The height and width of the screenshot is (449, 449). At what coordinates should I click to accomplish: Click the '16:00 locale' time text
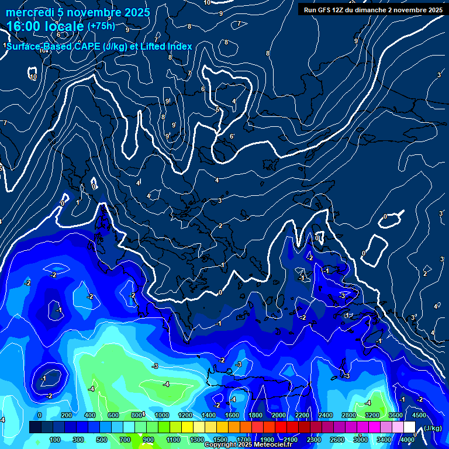coord(46,26)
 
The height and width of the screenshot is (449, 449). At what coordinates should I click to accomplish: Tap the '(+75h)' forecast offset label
coord(101,26)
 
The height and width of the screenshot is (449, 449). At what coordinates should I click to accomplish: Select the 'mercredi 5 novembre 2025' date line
coord(79,12)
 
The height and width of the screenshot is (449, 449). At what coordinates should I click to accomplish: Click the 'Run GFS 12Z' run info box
coord(373,9)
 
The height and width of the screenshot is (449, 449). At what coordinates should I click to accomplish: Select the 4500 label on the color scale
coord(419,415)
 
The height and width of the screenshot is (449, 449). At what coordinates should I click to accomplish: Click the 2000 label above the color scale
coord(279,415)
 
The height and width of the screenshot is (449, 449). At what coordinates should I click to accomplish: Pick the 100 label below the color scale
coord(55,440)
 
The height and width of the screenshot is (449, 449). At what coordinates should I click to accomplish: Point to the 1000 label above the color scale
coord(161,415)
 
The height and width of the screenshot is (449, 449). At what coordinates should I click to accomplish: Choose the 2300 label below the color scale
coord(313,440)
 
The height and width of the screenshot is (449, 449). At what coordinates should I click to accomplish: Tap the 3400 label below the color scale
coord(384,440)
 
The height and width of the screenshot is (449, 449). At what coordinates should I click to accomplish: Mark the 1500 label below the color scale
coord(220,440)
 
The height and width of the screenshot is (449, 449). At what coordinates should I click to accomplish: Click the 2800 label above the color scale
coord(349,415)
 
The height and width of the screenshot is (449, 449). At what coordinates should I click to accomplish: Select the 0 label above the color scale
coord(40,415)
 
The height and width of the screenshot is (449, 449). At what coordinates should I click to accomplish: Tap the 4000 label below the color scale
coord(407,440)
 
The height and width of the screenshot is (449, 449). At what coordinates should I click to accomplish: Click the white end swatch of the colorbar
coord(409,427)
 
